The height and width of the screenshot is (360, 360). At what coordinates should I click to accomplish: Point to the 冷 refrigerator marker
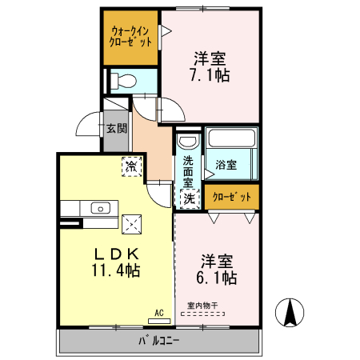pyautogui.click(x=130, y=167)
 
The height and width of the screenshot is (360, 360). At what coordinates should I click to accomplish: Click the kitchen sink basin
pyautogui.click(x=101, y=208)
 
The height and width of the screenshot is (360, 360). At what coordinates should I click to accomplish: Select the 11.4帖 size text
pyautogui.click(x=115, y=271)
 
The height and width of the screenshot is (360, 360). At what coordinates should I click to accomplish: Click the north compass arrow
pyautogui.click(x=290, y=312)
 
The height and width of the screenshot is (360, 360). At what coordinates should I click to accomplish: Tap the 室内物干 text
pyautogui.click(x=202, y=304)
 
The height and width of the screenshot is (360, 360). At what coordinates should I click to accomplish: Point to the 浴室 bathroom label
pyautogui.click(x=226, y=166)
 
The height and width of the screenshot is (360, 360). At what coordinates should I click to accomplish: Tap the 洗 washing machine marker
pyautogui.click(x=189, y=197)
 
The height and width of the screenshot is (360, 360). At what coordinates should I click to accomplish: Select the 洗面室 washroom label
pyautogui.click(x=188, y=170)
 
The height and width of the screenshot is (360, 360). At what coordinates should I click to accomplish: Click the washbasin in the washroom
pyautogui.click(x=188, y=142)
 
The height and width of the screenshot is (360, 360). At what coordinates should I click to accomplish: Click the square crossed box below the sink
pyautogui.click(x=130, y=224)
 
